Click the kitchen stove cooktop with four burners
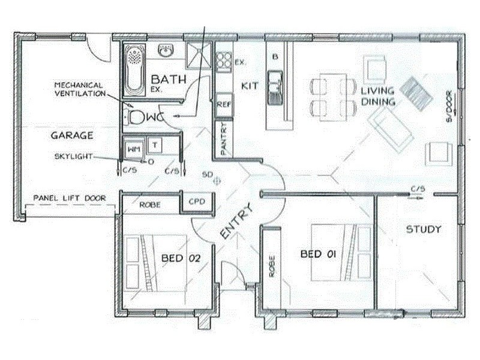coord(224,59)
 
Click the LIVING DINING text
coord(377,96)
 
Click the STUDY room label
coord(424,229)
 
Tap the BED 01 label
coord(318,254)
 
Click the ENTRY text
coord(236,223)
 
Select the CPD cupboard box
coord(197,202)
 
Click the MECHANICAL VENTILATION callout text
coord(79,89)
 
